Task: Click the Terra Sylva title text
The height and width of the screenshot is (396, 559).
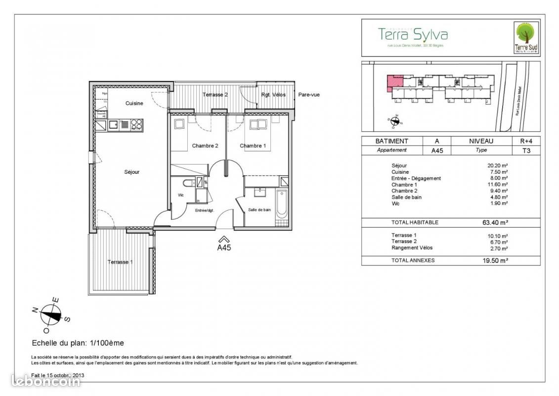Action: pyautogui.click(x=413, y=34)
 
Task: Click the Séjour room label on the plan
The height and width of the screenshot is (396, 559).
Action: pyautogui.click(x=131, y=172)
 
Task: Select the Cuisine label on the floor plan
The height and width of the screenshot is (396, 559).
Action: pyautogui.click(x=134, y=103)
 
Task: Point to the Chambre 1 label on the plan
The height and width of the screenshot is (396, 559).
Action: pyautogui.click(x=253, y=146)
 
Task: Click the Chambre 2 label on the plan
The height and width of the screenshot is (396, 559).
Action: pyautogui.click(x=205, y=146)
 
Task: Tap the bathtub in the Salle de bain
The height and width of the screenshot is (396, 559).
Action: pyautogui.click(x=281, y=203)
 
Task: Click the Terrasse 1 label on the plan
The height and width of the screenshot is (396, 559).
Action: pyautogui.click(x=120, y=262)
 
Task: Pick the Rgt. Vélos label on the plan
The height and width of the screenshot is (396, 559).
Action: pyautogui.click(x=273, y=95)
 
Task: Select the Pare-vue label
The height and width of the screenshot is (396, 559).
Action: pyautogui.click(x=308, y=95)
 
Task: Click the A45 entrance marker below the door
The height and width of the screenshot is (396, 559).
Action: pyautogui.click(x=224, y=246)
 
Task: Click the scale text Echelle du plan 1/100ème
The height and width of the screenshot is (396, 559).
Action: pyautogui.click(x=78, y=343)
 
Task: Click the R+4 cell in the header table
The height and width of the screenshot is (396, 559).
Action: pyautogui.click(x=526, y=141)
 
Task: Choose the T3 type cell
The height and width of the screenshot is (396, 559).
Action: pyautogui.click(x=526, y=150)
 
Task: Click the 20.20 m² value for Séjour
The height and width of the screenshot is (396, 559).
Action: pyautogui.click(x=498, y=166)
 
